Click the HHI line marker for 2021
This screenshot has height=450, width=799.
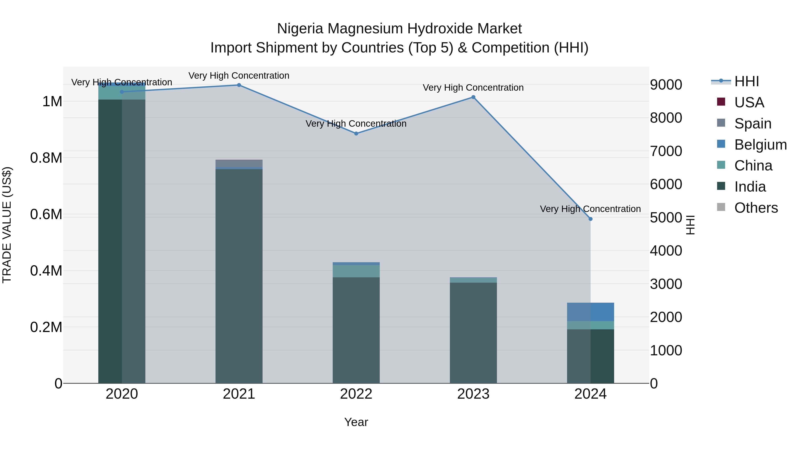(239, 85)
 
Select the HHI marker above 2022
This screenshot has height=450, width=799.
(356, 134)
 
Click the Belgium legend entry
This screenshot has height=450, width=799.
(760, 145)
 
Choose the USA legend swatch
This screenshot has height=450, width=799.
(721, 102)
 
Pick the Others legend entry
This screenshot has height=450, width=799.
(756, 208)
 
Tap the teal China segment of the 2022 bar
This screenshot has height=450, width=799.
(356, 271)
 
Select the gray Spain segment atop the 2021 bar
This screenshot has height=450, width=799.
(239, 163)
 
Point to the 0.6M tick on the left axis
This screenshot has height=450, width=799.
(46, 214)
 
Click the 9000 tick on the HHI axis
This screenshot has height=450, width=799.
(666, 85)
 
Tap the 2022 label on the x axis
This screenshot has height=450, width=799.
(356, 394)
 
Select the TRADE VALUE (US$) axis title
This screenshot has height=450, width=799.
(7, 225)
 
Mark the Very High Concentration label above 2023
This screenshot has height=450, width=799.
(473, 88)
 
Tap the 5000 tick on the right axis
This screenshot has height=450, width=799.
(666, 218)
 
